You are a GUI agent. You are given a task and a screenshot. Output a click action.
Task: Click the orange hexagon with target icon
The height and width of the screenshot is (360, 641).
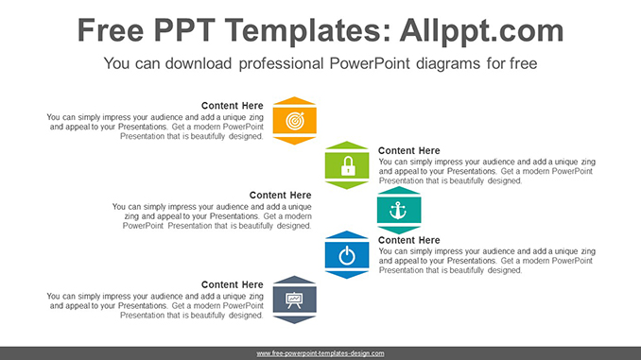pyautogui.click(x=294, y=121)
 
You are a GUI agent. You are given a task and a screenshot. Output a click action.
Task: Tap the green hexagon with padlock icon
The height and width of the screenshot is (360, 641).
pyautogui.click(x=347, y=165)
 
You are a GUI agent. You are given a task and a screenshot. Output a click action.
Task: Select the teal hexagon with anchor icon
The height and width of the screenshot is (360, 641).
pyautogui.click(x=398, y=210)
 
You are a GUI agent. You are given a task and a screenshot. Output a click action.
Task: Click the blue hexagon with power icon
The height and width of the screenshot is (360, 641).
pyautogui.click(x=347, y=255)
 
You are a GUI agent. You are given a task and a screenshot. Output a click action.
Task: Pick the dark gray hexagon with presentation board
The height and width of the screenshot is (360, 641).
pyautogui.click(x=294, y=300)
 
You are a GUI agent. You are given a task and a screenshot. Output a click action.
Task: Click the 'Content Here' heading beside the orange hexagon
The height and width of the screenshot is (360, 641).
pyautogui.click(x=233, y=106)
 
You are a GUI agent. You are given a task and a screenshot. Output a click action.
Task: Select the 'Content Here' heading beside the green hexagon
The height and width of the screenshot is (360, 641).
pyautogui.click(x=409, y=151)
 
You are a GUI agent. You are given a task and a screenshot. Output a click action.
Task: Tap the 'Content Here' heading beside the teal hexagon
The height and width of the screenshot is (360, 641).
pyautogui.click(x=281, y=196)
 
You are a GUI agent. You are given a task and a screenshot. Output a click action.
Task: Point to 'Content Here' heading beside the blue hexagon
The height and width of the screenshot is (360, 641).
pyautogui.click(x=409, y=241)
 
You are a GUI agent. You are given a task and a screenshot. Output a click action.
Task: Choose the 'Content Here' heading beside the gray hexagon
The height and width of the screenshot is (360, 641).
pyautogui.click(x=233, y=285)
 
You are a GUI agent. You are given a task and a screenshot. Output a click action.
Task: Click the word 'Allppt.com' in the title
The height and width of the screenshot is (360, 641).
pyautogui.click(x=477, y=30)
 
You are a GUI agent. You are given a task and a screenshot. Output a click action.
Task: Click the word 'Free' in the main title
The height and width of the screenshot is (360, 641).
pyautogui.click(x=113, y=30)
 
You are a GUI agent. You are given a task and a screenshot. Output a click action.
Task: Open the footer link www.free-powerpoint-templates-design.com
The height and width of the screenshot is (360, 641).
pyautogui.click(x=320, y=353)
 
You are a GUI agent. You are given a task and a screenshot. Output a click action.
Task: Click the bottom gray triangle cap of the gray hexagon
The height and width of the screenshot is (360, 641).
pyautogui.click(x=294, y=319)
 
